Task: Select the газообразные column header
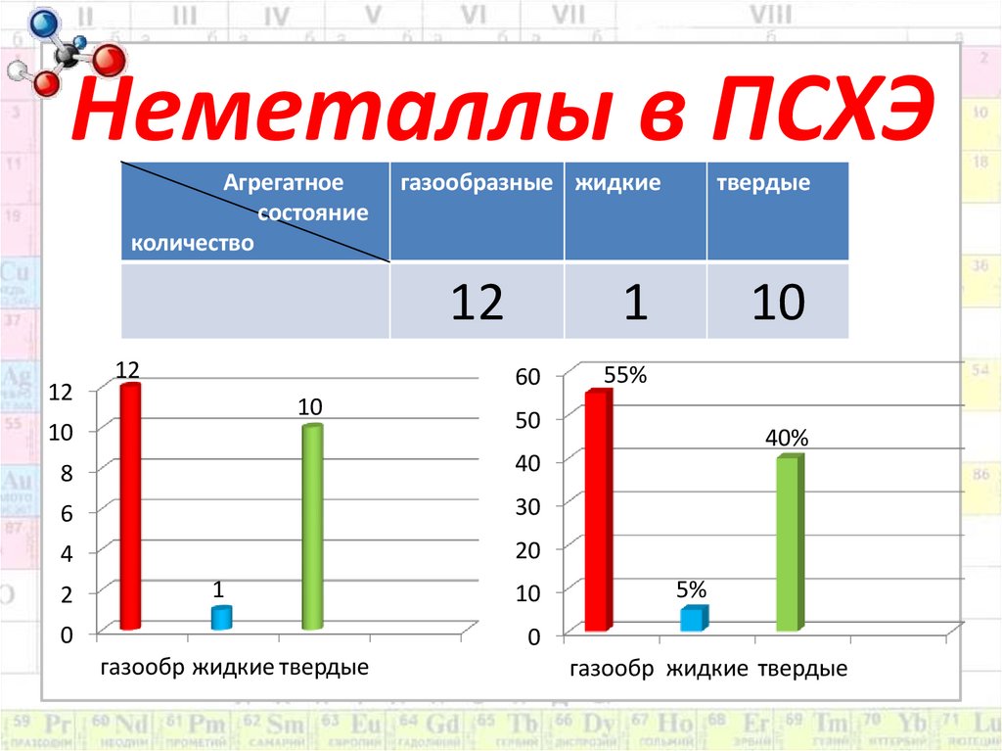point(476,183)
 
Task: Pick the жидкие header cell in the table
point(617,183)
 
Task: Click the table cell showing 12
point(477,304)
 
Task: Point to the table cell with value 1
point(635,304)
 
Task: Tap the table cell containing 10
point(778,304)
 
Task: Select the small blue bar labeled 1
point(221,618)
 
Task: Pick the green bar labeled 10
point(312,528)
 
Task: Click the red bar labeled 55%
point(597,510)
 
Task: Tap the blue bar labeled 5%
point(693,619)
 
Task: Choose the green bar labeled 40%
point(789,543)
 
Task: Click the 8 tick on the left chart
point(67,472)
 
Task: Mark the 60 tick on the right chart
point(527,377)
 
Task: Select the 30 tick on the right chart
point(527,506)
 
